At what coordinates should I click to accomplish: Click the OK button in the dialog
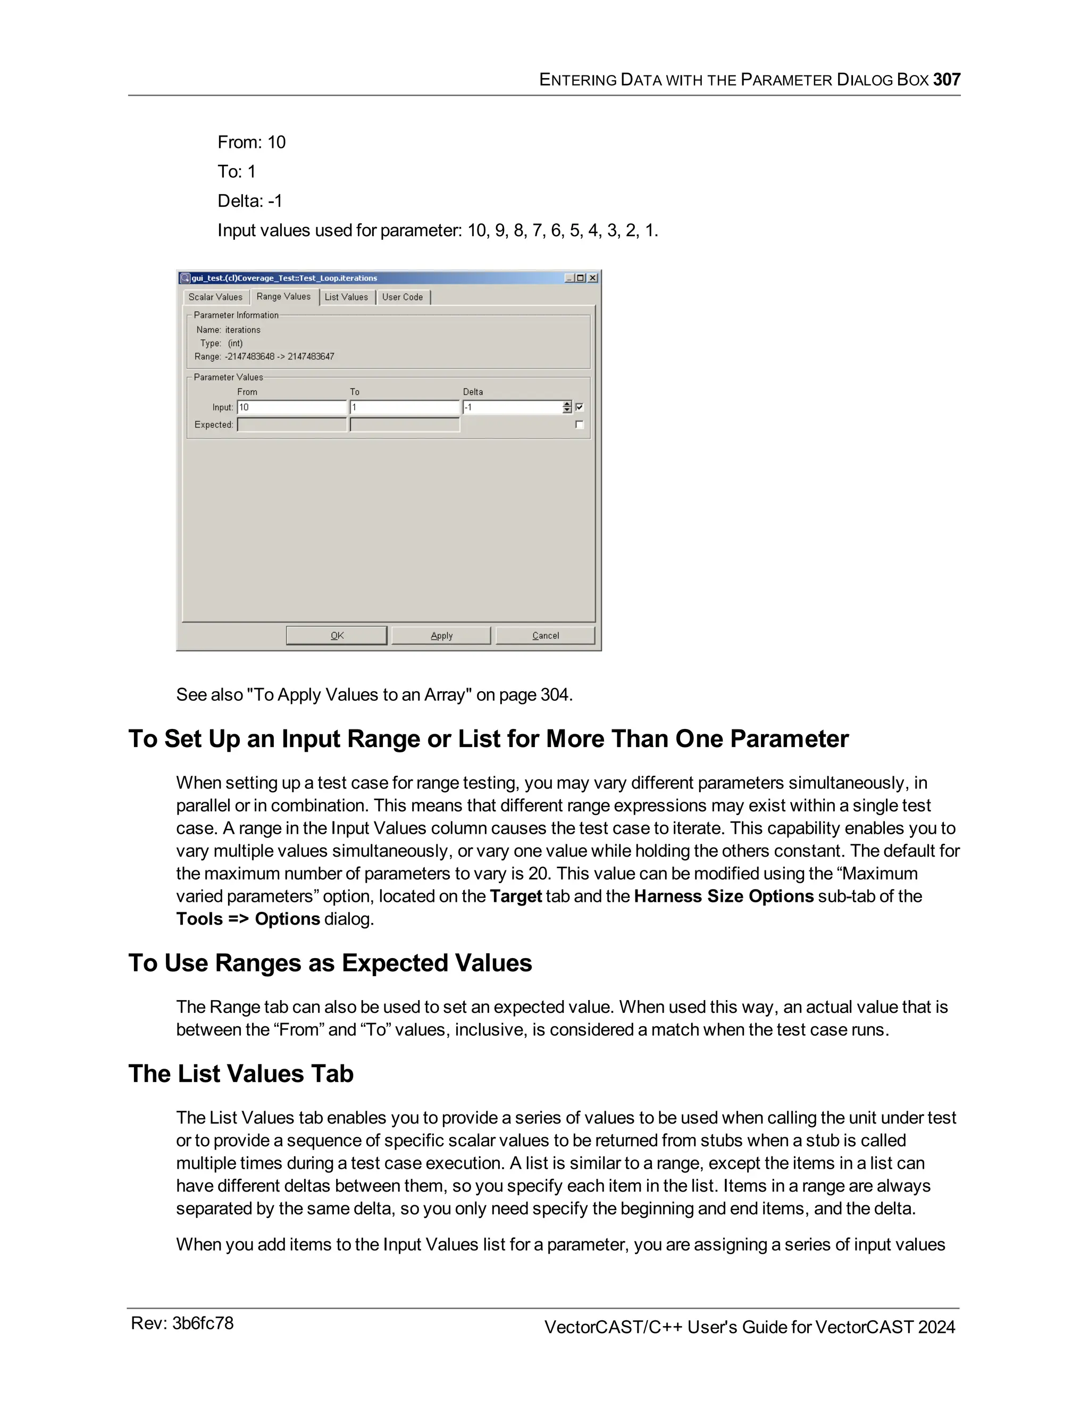coord(336,635)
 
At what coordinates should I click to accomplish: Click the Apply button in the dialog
coord(441,635)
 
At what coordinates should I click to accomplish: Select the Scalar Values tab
coord(215,297)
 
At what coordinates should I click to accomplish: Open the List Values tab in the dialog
coord(347,297)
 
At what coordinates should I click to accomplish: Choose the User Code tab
coord(403,297)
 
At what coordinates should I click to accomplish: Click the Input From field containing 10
coord(291,407)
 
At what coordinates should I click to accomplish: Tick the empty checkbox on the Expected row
coord(580,424)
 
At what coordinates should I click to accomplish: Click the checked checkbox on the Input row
coord(580,407)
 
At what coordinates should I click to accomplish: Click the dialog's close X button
coord(593,278)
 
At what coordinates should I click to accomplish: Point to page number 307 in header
coord(946,80)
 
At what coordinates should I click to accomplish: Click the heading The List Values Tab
coord(241,1073)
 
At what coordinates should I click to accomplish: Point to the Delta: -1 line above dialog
coord(250,202)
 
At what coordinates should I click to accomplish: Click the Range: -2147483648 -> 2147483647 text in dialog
coord(264,357)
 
